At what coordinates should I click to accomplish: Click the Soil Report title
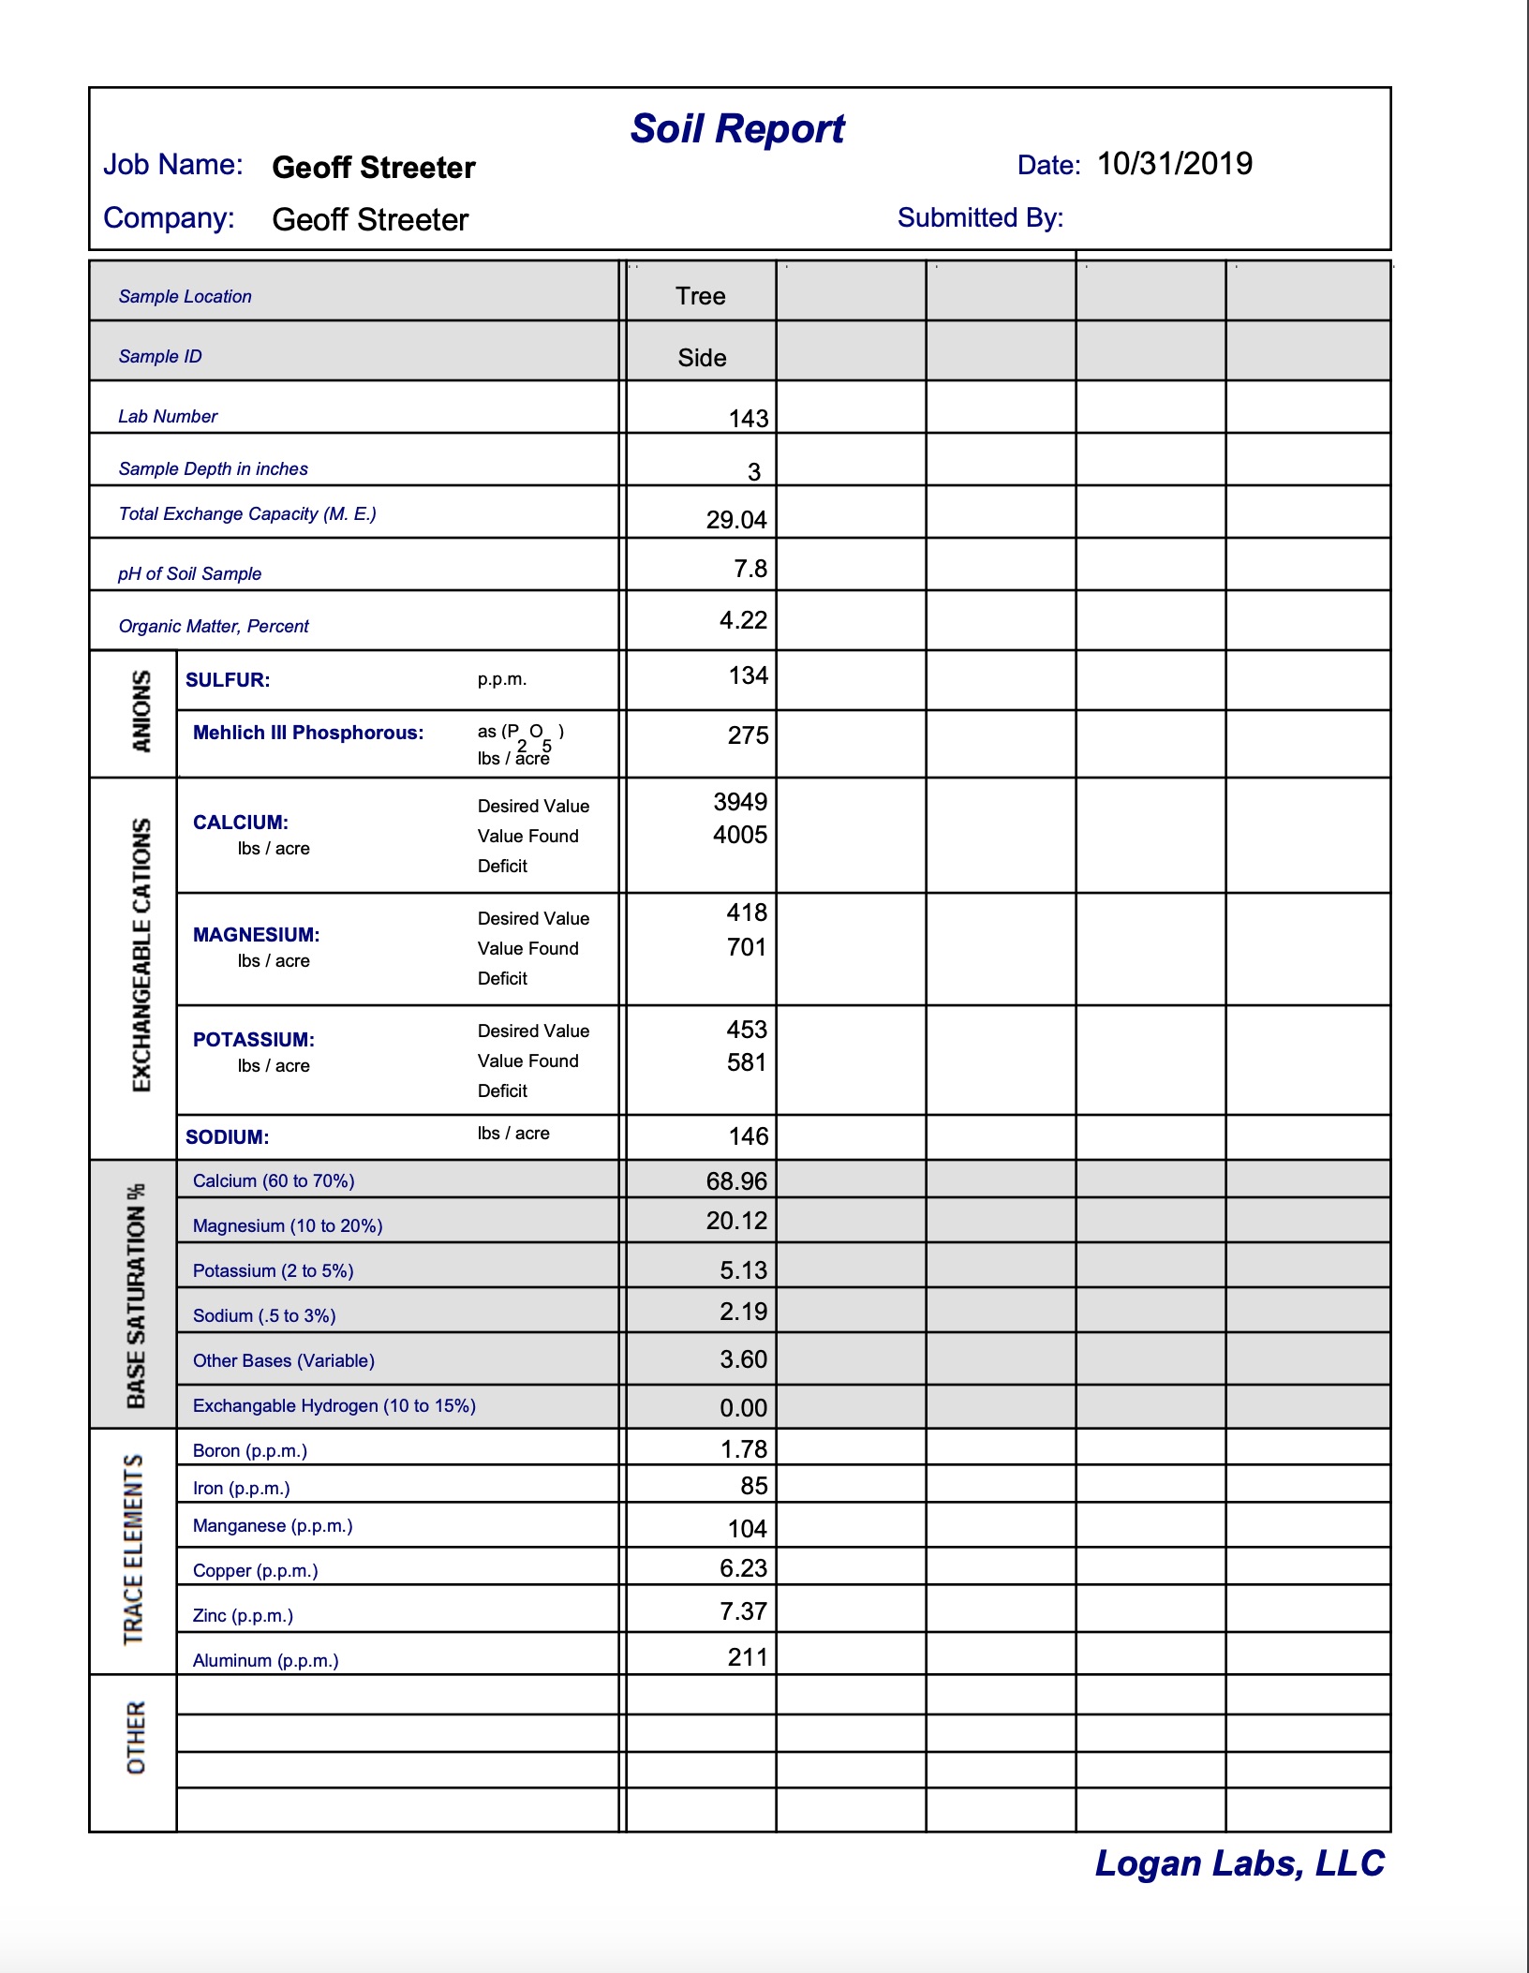[737, 129]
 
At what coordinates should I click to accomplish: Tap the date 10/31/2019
[1174, 164]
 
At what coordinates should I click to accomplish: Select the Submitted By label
[980, 218]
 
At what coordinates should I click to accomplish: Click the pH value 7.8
[750, 569]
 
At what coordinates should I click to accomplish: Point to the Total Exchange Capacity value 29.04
[736, 520]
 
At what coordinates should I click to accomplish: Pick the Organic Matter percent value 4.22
[743, 620]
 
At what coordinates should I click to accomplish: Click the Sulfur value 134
[748, 675]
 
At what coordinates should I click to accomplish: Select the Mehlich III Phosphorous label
[308, 733]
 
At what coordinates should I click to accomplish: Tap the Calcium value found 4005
[739, 835]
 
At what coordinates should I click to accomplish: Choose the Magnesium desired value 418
[746, 912]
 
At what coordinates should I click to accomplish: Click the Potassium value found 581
[746, 1062]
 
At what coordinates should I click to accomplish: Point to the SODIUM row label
[228, 1137]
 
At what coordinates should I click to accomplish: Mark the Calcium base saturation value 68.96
[736, 1181]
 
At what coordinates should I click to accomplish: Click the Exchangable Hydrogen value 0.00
[743, 1408]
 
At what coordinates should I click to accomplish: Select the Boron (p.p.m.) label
[250, 1451]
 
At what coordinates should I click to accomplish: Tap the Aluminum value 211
[747, 1657]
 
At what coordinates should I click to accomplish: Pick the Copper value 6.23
[743, 1568]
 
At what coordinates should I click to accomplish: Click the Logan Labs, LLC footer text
[1240, 1863]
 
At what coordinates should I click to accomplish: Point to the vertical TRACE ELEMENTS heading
[134, 1550]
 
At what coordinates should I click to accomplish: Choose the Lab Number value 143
[748, 419]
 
